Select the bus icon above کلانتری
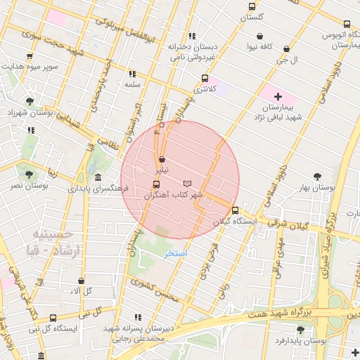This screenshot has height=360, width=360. [x=205, y=78]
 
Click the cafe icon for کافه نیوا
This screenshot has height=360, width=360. [x=260, y=36]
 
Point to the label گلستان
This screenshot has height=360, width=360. [x=252, y=15]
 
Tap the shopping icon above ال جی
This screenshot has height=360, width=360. [x=286, y=49]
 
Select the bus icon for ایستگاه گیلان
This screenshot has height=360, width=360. [x=235, y=210]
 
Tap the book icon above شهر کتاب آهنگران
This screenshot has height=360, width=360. [x=187, y=184]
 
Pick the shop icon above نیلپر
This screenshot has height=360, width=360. [x=162, y=160]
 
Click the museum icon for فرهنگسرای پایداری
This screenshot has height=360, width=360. [x=97, y=177]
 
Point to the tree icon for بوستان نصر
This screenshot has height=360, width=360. [x=29, y=174]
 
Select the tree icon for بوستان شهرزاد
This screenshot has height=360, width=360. [x=29, y=101]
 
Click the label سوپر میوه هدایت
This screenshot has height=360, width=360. [x=30, y=67]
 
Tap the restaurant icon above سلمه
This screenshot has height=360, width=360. [x=131, y=73]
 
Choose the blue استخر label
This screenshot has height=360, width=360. [x=175, y=252]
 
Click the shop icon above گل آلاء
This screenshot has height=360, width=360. [x=81, y=281]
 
